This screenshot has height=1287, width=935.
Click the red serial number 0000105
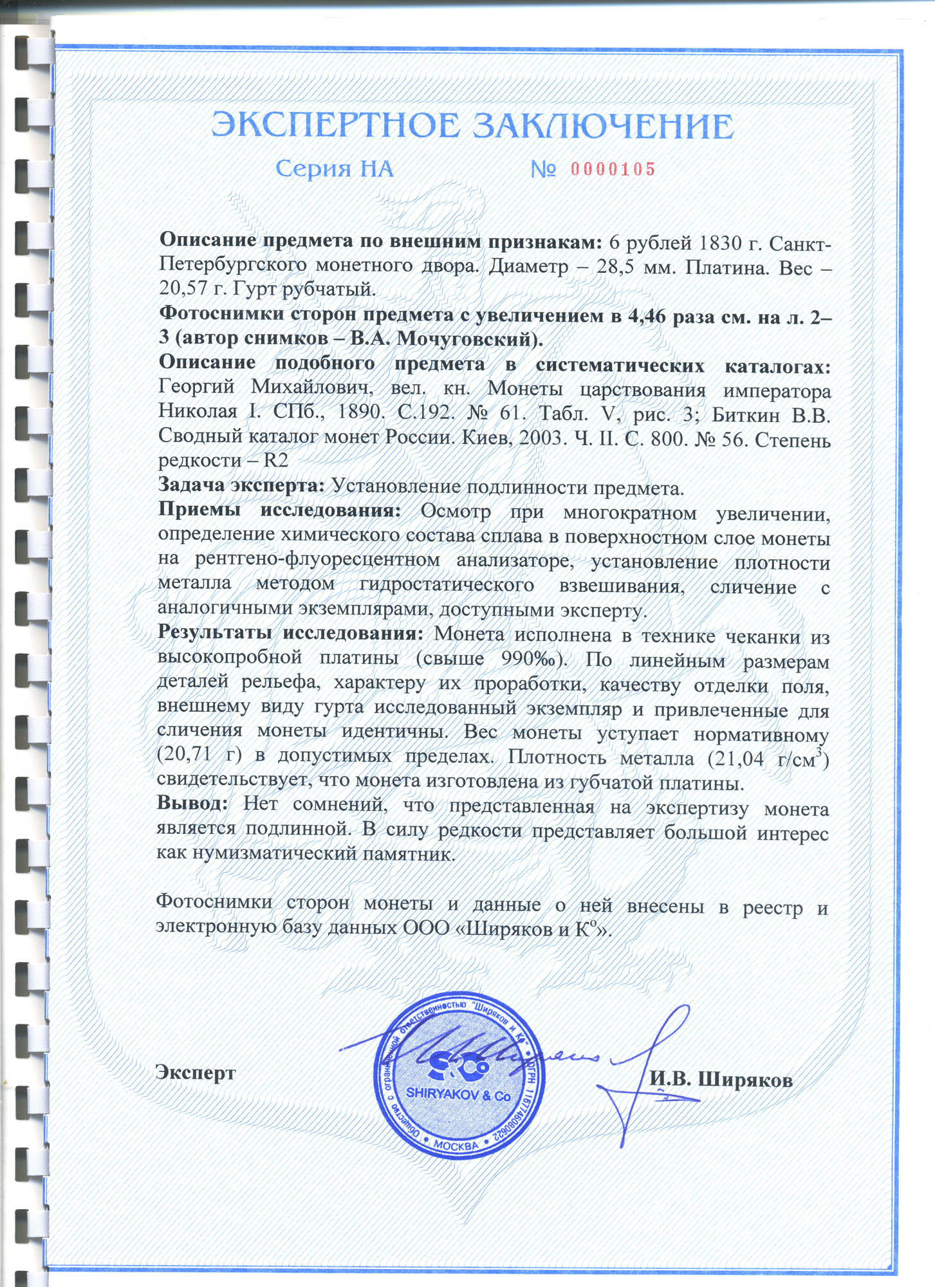(613, 170)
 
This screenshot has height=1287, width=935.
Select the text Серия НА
(334, 169)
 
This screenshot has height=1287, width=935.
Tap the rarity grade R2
(272, 461)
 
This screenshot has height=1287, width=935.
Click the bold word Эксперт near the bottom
(196, 1072)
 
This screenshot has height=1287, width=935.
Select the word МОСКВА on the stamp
(456, 1145)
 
